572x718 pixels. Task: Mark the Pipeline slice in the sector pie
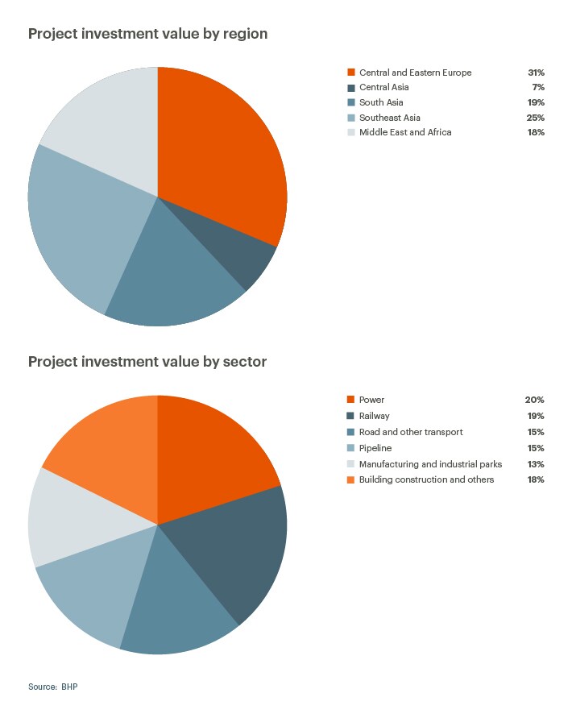click(89, 588)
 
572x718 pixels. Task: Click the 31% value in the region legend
click(536, 73)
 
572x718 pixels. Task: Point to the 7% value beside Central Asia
click(538, 87)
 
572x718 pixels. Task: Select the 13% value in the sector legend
click(536, 464)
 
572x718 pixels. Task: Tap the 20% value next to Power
click(535, 400)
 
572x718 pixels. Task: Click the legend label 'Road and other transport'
click(411, 432)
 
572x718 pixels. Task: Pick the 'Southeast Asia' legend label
click(390, 118)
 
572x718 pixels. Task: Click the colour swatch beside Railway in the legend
click(350, 416)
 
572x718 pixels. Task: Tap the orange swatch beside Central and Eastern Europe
click(350, 73)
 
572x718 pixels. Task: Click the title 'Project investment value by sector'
click(147, 362)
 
